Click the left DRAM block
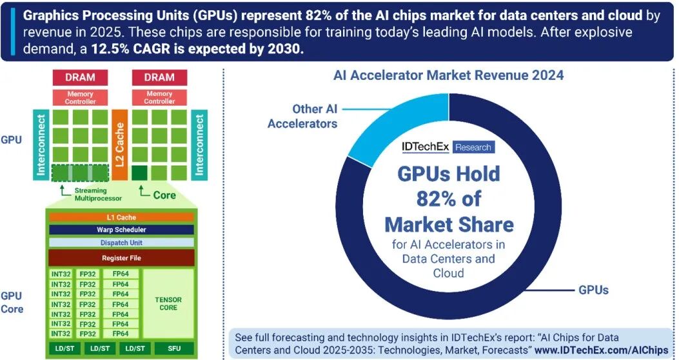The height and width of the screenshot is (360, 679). [x=80, y=77]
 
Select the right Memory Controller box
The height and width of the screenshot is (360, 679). [x=159, y=97]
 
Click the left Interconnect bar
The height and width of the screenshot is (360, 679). [x=41, y=146]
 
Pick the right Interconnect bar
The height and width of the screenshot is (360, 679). [x=199, y=146]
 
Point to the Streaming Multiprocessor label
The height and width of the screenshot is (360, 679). [x=93, y=194]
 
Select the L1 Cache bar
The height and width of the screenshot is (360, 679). [x=121, y=217]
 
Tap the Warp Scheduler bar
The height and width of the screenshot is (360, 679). [x=121, y=230]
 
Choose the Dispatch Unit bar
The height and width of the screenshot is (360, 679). [x=121, y=243]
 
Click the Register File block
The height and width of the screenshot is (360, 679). [x=121, y=257]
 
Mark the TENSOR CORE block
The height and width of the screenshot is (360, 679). [x=168, y=304]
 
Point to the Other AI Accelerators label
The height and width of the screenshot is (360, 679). [x=302, y=116]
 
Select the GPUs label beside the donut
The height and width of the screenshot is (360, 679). [x=593, y=290]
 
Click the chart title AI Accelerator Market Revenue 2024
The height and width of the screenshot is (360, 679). [x=448, y=75]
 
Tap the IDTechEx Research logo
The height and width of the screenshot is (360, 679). [x=448, y=147]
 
